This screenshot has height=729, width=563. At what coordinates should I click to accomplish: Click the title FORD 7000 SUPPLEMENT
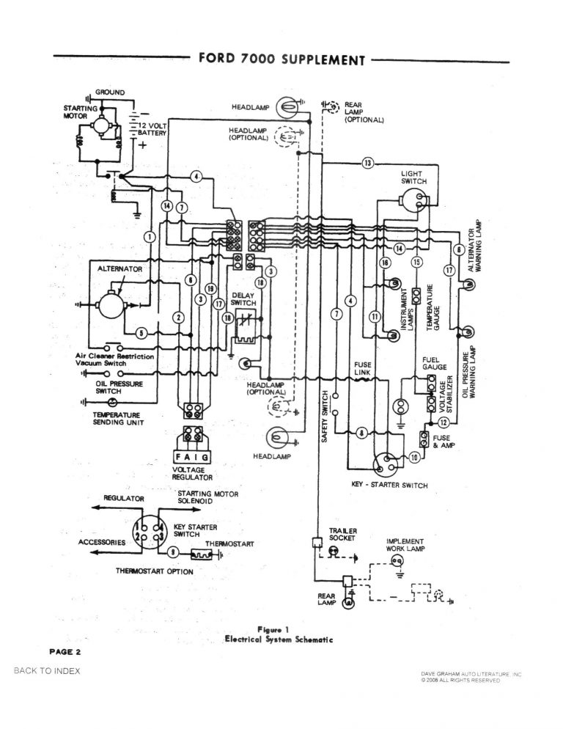click(281, 59)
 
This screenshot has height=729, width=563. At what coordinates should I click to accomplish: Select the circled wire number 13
click(368, 162)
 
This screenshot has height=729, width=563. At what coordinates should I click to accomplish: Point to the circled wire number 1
click(150, 236)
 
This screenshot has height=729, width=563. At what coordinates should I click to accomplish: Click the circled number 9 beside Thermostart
click(172, 552)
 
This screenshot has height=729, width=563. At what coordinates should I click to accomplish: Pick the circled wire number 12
click(444, 422)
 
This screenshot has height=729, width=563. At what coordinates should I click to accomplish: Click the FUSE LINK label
click(363, 368)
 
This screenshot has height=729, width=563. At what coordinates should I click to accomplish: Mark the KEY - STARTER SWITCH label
click(389, 486)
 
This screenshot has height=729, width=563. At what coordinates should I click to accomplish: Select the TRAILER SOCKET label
click(342, 534)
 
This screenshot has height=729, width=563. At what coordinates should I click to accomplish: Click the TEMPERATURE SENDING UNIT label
click(117, 419)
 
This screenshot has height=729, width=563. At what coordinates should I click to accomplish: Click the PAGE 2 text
click(65, 651)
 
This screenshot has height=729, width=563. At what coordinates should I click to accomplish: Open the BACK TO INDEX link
click(47, 671)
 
